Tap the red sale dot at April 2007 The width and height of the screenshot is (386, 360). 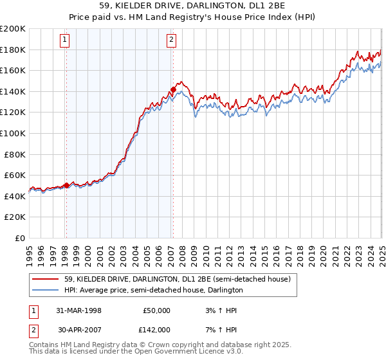pyautogui.click(x=172, y=89)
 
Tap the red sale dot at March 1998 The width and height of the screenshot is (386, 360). pyautogui.click(x=66, y=186)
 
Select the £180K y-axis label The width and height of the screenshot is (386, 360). pyautogui.click(x=13, y=50)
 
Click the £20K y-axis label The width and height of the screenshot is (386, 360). pyautogui.click(x=15, y=217)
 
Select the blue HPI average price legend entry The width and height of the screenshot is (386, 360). pyautogui.click(x=153, y=290)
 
